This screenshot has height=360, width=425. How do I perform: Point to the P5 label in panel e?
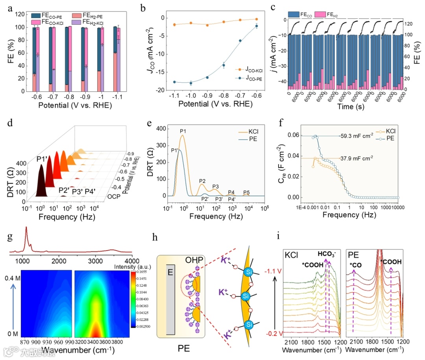click(x=247, y=192)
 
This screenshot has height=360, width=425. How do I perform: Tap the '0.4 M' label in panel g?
click(x=13, y=277)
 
